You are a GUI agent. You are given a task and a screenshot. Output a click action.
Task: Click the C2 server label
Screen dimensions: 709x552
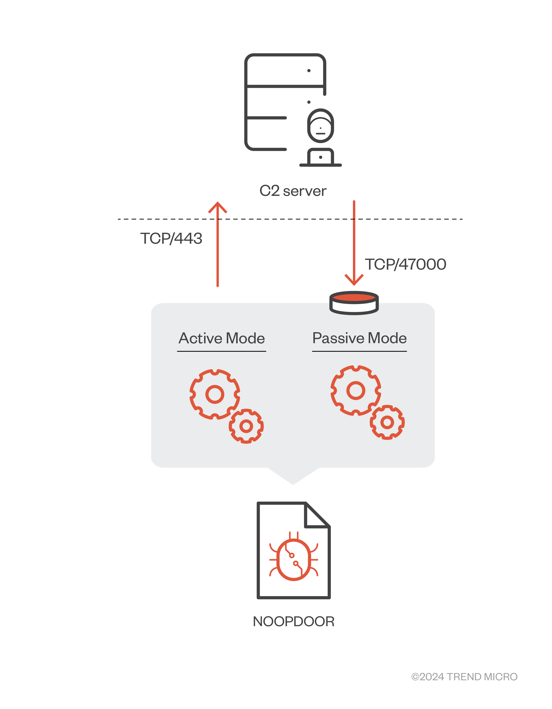[x=293, y=191]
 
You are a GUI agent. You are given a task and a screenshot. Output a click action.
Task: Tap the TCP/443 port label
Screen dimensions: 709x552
[x=171, y=239]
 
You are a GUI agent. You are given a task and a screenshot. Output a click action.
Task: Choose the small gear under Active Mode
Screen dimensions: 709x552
[x=246, y=426]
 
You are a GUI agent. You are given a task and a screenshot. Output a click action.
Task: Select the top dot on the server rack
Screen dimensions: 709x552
[x=309, y=71]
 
